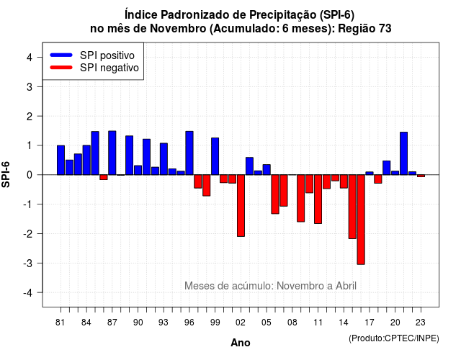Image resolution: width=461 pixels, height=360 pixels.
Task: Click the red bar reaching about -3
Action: [361, 220]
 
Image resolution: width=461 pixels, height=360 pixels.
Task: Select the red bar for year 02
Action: [241, 205]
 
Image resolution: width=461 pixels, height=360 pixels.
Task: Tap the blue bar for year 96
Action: [189, 153]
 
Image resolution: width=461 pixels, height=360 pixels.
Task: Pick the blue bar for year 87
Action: [112, 153]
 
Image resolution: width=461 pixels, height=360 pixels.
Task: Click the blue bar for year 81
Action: [61, 160]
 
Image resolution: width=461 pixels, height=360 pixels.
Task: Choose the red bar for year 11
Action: [318, 199]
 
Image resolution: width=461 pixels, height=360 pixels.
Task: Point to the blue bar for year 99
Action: [215, 156]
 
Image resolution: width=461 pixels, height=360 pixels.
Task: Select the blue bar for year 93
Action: [164, 159]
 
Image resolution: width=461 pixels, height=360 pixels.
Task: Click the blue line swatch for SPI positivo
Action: [61, 55]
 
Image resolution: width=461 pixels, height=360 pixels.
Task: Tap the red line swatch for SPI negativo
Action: [61, 67]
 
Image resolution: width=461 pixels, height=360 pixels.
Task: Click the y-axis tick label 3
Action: [30, 86]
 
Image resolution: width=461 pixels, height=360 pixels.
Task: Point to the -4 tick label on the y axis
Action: [28, 293]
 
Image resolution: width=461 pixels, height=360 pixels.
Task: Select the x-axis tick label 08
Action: [292, 323]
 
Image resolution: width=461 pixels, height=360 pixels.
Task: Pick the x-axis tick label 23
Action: [421, 323]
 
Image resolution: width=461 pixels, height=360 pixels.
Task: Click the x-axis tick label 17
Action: [370, 323]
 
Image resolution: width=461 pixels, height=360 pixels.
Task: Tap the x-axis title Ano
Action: [240, 343]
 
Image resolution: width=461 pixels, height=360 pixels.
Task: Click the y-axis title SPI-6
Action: [6, 174]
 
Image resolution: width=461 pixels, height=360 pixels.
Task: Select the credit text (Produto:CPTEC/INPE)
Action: [394, 338]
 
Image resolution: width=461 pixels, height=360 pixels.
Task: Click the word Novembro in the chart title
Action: [178, 29]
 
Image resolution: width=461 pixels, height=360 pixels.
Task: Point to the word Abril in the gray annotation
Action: [346, 286]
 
